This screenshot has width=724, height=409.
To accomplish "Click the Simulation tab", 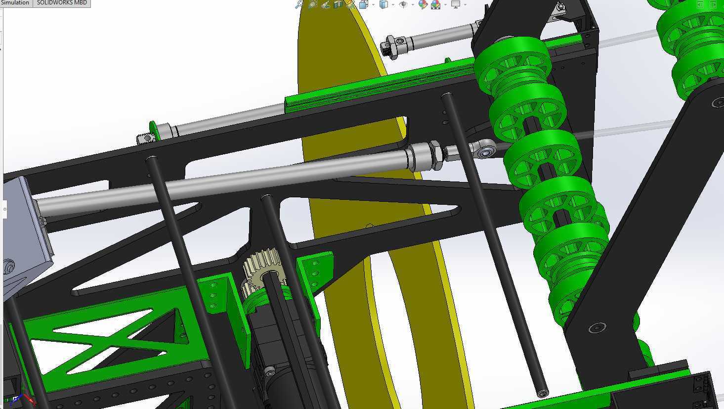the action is pyautogui.click(x=15, y=3).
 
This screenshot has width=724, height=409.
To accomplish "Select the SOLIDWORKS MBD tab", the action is pyautogui.click(x=62, y=3).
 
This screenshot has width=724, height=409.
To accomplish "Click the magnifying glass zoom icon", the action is pyautogui.click(x=299, y=4).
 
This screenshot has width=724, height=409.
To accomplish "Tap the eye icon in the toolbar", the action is pyautogui.click(x=403, y=4).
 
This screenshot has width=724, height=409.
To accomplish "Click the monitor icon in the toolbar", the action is pyautogui.click(x=456, y=4).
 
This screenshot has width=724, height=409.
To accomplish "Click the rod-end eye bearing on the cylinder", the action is pyautogui.click(x=484, y=149).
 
